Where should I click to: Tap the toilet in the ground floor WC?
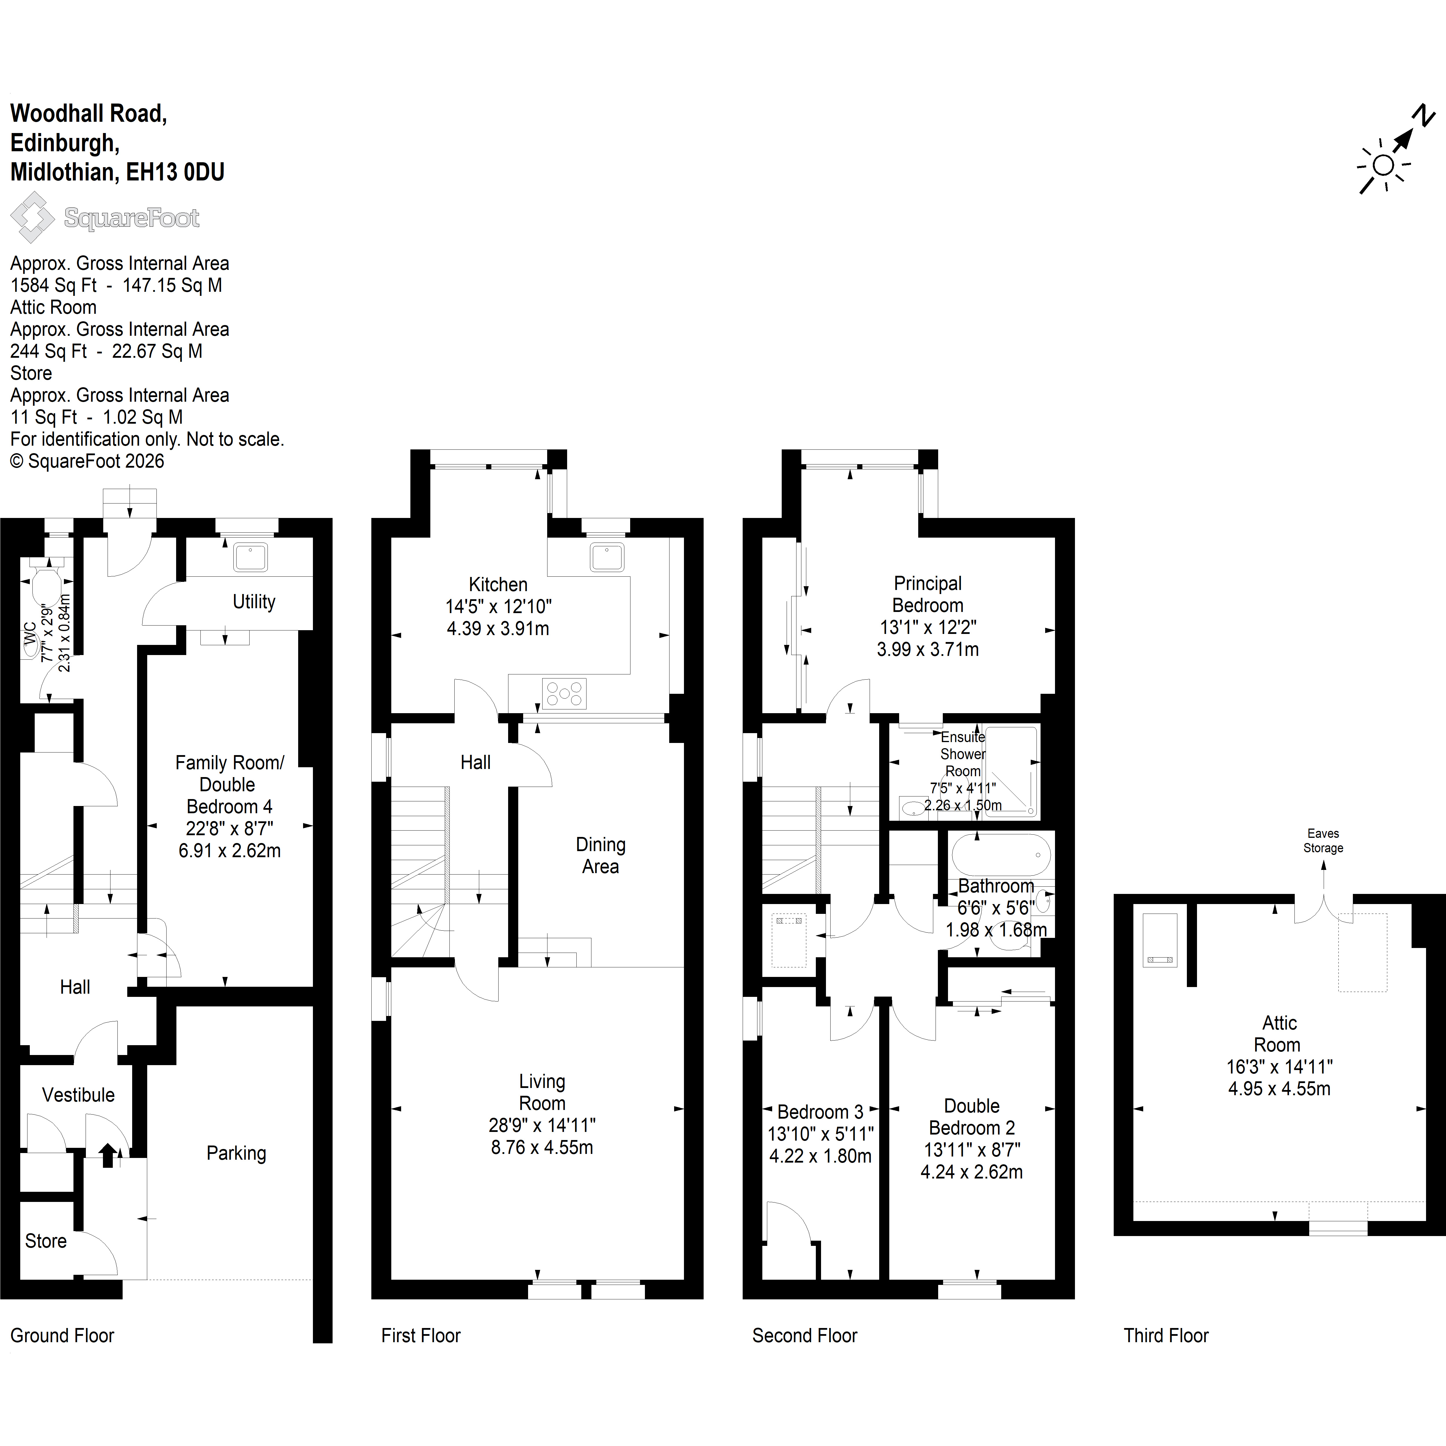[x=47, y=583]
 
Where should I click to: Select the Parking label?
[x=237, y=1153]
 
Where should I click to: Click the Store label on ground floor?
[x=46, y=1241]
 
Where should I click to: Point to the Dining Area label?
[x=600, y=855]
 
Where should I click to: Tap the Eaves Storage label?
[x=1323, y=840]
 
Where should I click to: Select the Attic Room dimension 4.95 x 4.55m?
[x=1279, y=1089]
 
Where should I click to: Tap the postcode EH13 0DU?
[x=175, y=172]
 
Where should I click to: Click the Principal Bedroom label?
[x=928, y=594]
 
